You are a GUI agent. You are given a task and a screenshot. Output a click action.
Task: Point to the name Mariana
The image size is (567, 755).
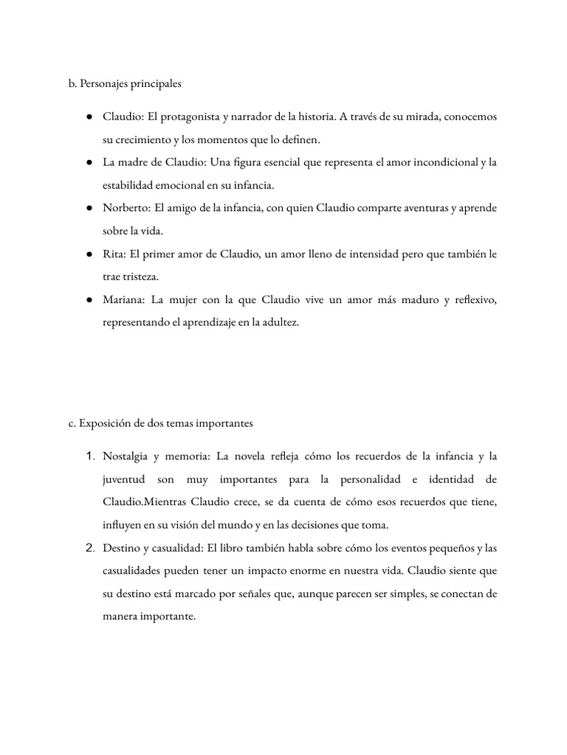125,300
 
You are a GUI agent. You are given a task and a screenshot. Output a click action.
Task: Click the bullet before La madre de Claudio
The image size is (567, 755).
89,162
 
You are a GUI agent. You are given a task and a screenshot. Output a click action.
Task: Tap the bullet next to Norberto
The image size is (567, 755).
89,208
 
